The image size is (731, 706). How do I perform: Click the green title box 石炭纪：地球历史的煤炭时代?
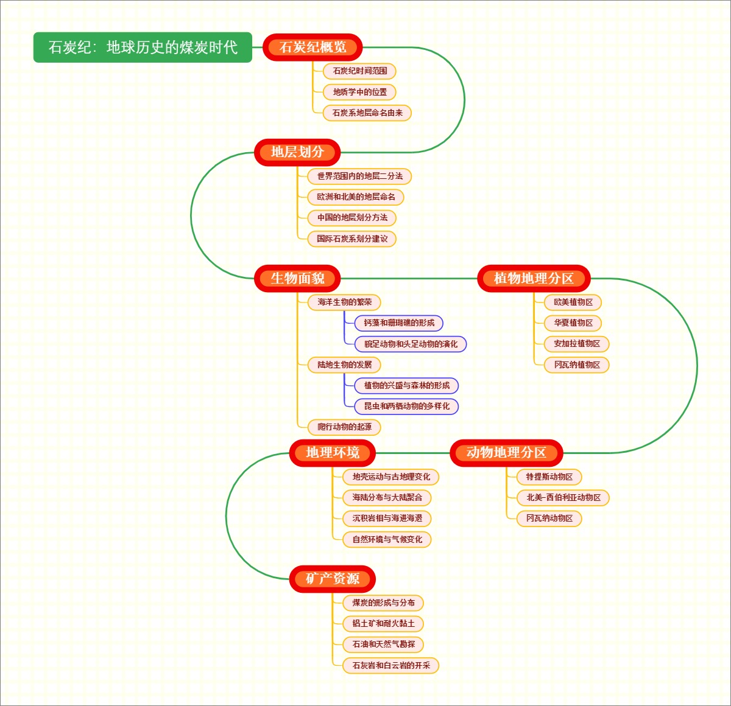[143, 47]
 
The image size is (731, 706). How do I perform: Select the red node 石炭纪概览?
[313, 47]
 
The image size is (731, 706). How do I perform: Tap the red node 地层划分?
[297, 152]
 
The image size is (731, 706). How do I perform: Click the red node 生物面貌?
[297, 278]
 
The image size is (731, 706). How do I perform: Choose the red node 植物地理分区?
[534, 278]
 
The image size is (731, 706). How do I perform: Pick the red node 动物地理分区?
[506, 453]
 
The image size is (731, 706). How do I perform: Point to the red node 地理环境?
[332, 453]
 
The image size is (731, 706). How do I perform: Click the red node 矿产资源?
[332, 579]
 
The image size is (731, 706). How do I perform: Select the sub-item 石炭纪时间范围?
[359, 71]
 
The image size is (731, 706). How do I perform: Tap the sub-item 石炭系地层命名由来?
[367, 113]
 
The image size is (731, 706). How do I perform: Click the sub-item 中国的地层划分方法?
[352, 217]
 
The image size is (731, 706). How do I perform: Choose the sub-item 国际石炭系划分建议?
[352, 239]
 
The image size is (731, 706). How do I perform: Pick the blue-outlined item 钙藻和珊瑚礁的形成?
[399, 323]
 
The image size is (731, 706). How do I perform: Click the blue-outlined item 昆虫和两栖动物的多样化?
[406, 406]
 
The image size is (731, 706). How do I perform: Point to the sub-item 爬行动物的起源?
[344, 427]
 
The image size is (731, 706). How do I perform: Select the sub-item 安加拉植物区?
[576, 344]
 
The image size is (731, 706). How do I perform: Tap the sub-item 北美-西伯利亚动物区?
[563, 498]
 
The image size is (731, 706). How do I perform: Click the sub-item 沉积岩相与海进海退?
[387, 519]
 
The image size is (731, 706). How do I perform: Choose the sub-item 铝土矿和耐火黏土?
[383, 623]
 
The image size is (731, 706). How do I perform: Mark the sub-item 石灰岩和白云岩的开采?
[391, 665]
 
